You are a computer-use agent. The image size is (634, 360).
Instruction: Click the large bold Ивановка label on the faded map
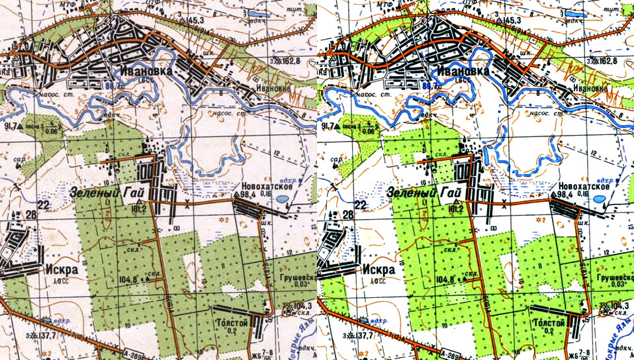click(147, 71)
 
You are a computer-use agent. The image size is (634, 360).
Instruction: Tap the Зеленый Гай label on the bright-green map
click(424, 193)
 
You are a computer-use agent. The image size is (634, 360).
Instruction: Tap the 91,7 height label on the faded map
click(11, 125)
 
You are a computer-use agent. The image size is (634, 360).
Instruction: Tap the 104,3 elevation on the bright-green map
click(616, 306)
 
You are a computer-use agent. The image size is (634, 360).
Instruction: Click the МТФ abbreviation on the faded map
click(65, 4)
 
